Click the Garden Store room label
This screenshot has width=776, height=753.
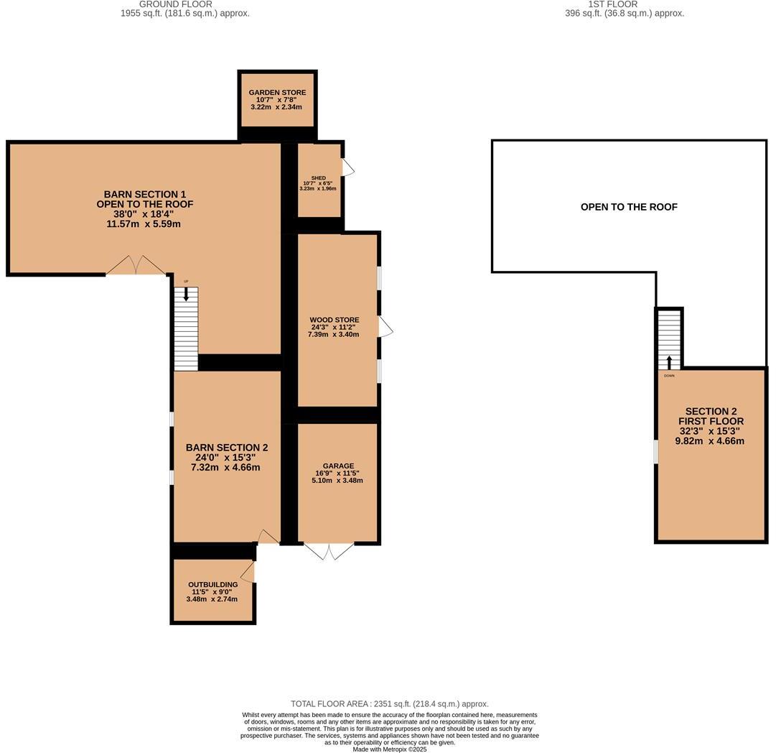coord(277,93)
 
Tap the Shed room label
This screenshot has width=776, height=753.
coord(318,178)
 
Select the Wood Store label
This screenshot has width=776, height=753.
coord(335,320)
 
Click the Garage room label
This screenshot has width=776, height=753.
coord(338,466)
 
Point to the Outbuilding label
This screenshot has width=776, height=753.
coord(212,585)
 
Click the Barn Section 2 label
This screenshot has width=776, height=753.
coord(226,448)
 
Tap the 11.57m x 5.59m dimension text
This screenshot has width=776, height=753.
coord(144,224)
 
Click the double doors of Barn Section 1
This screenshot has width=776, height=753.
coord(136,265)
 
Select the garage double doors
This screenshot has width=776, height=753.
coord(329,551)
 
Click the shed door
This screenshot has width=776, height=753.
coord(347,167)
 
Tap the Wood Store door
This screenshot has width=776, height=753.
coord(385,328)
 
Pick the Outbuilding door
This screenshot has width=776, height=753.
coord(248,572)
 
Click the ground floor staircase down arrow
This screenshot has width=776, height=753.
coord(186,293)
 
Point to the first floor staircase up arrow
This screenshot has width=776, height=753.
coord(669,361)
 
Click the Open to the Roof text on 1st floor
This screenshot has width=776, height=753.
coord(629,207)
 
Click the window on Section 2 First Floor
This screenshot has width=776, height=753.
coord(655,451)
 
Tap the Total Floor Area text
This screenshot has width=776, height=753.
coord(389,704)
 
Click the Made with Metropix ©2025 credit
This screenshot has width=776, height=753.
coord(389,749)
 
